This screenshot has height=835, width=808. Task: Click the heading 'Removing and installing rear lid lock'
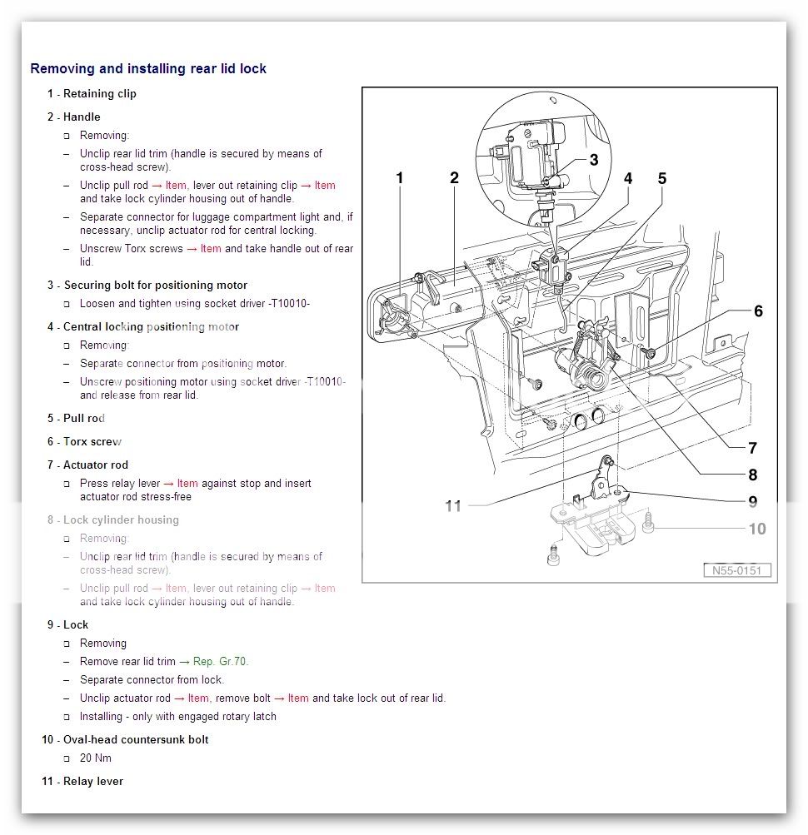coord(148,68)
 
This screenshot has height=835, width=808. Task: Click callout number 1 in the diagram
coord(400,177)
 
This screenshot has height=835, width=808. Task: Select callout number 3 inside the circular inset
coord(593,160)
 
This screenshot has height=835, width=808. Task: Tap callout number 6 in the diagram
coord(757,311)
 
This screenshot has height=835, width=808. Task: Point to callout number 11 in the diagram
coord(452,505)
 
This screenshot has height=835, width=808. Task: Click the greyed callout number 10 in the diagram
coord(756,529)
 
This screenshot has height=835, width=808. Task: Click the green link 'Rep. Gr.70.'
coord(220,661)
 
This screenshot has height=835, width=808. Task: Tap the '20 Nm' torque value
coord(95,758)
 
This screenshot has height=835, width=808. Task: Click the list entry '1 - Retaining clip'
coord(92,93)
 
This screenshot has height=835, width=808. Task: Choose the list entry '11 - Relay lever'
coord(82,781)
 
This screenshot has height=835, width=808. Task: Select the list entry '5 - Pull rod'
coord(76,418)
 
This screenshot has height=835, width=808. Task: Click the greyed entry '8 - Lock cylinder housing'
coord(112,519)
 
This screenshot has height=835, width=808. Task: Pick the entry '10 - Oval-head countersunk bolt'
coord(125,739)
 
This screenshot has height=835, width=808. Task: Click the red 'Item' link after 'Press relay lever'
coord(187,483)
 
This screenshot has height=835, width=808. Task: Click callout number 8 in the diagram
coord(752,475)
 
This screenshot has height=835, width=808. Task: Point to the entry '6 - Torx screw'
coord(84,441)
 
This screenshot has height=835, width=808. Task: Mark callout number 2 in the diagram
coord(454,177)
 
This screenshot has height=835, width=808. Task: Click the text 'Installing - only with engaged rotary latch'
coord(177,716)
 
